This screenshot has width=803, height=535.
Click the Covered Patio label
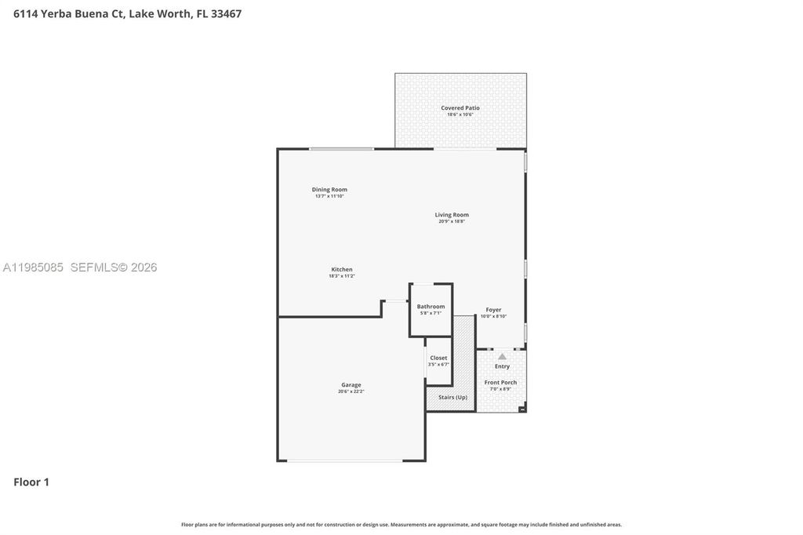click(460, 108)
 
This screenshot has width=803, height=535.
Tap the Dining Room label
click(329, 190)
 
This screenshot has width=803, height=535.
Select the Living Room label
click(452, 215)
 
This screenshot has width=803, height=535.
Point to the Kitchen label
click(341, 270)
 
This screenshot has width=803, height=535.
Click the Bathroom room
click(431, 309)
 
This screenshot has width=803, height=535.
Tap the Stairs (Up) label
click(452, 398)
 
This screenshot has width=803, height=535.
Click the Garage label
click(351, 385)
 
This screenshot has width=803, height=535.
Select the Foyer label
click(493, 310)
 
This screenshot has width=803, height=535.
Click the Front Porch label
click(500, 383)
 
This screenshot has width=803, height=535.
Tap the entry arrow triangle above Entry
click(502, 357)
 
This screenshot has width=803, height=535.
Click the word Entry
click(502, 366)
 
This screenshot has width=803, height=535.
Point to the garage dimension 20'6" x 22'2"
click(351, 391)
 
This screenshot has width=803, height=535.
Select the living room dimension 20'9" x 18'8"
click(452, 221)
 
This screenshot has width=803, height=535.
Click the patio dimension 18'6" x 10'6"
click(460, 115)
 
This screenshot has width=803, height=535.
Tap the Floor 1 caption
click(31, 482)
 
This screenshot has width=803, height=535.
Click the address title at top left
click(127, 13)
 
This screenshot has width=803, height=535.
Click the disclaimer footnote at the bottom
click(401, 524)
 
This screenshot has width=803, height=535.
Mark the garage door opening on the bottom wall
click(351, 460)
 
